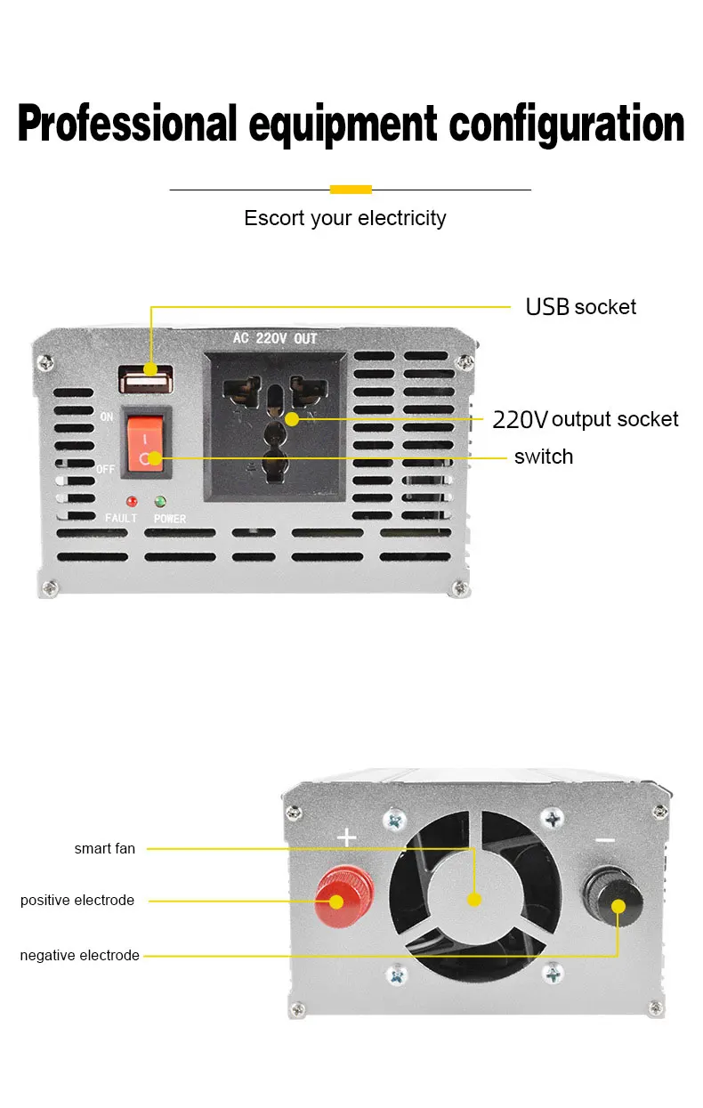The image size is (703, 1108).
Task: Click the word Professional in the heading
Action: [127, 124]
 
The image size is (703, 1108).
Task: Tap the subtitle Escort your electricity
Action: [345, 218]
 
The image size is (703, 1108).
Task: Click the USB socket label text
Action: [580, 307]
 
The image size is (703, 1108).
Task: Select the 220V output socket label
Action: [586, 419]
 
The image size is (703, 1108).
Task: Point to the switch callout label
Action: [544, 457]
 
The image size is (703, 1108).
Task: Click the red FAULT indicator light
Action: [132, 502]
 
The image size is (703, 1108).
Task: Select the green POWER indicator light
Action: [161, 502]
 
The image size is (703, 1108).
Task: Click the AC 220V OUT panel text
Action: [274, 339]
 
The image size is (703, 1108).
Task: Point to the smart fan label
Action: [105, 849]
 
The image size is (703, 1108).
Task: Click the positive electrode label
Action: [77, 901]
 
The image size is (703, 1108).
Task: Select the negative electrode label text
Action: [80, 956]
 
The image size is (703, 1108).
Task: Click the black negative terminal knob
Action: [612, 897]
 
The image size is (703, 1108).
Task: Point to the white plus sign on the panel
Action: [346, 837]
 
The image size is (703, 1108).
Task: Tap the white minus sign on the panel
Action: [604, 839]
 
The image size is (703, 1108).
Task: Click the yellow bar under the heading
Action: [350, 189]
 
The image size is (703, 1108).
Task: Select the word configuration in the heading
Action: [567, 124]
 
